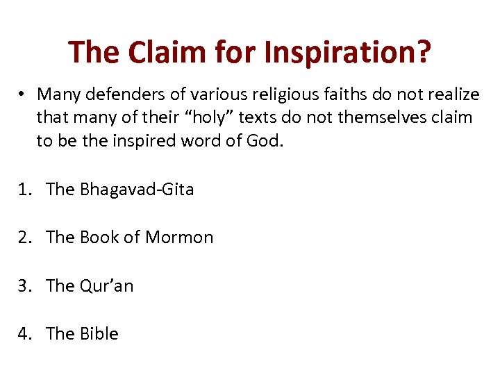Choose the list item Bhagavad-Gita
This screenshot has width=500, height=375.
137,189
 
